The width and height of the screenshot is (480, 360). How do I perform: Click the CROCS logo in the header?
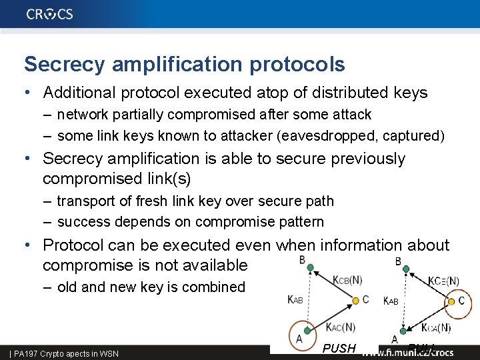50,14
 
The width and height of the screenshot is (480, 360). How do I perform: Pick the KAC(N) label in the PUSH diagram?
340,326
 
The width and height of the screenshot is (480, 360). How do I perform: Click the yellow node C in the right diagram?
450,301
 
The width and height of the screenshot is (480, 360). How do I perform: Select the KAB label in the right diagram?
391,301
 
